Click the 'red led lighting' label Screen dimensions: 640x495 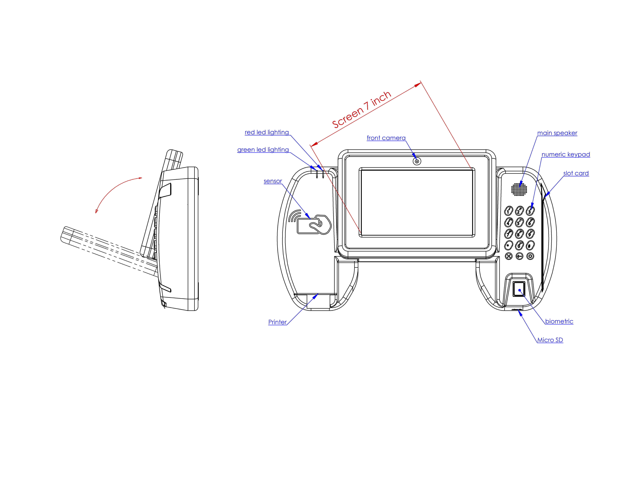pyautogui.click(x=267, y=132)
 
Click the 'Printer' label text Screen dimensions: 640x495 pyautogui.click(x=277, y=322)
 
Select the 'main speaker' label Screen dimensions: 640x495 pyautogui.click(x=557, y=133)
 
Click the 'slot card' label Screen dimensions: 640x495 pyautogui.click(x=576, y=173)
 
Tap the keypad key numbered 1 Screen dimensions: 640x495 pyautogui.click(x=508, y=211)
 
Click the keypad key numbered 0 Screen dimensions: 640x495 pyautogui.click(x=519, y=245)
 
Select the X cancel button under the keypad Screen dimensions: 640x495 pyautogui.click(x=509, y=256)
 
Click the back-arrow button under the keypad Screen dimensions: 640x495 pyautogui.click(x=519, y=256)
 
